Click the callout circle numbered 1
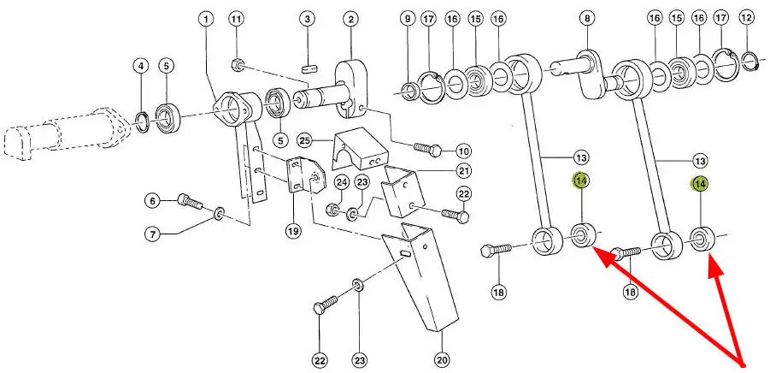(206, 19)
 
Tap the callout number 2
(350, 19)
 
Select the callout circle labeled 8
(586, 19)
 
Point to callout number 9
(408, 19)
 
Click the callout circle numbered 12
(747, 19)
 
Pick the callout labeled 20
(442, 358)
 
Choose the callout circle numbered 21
(463, 170)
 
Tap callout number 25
(304, 140)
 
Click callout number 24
(340, 181)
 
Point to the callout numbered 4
(141, 65)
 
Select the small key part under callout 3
(310, 62)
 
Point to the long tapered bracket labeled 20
(425, 274)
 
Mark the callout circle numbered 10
(464, 150)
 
